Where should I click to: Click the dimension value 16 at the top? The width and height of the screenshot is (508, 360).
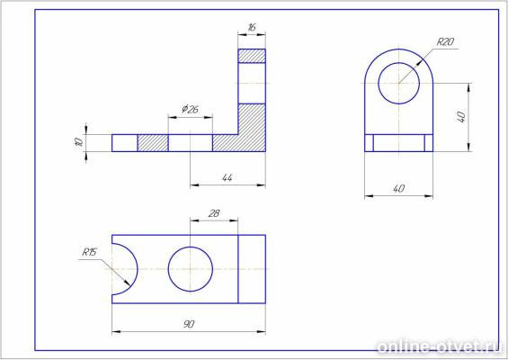252,27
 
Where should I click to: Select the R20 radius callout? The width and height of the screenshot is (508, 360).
445,41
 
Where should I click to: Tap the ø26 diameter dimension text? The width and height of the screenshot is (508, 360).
190,109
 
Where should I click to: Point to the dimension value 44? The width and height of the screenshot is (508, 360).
227,177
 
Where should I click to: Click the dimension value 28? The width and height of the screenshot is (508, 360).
214,213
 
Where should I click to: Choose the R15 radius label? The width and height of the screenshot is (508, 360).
89,252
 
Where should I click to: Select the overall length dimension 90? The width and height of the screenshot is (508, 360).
189,324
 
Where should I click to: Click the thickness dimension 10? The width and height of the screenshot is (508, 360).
78,142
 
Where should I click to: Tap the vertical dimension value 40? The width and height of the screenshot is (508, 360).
461,117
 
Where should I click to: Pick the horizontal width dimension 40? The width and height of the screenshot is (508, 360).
398,188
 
